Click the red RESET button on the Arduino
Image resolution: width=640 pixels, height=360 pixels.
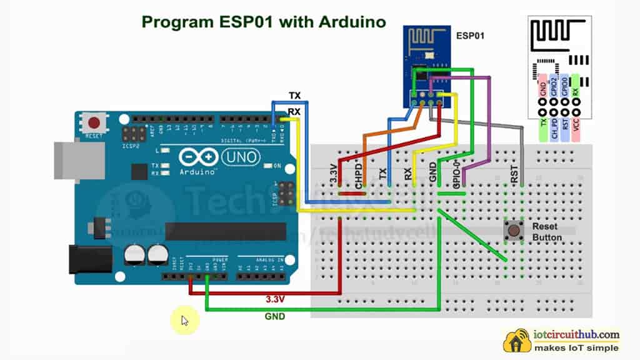95,122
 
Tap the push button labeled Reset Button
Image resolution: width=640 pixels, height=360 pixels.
514,231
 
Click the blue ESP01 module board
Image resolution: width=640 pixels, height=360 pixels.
426,62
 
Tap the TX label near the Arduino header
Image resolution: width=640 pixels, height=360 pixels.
295,96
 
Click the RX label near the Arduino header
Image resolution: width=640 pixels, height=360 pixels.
294,112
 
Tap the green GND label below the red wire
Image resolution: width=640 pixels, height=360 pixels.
274,316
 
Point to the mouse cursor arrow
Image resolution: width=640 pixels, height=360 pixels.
184,321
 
